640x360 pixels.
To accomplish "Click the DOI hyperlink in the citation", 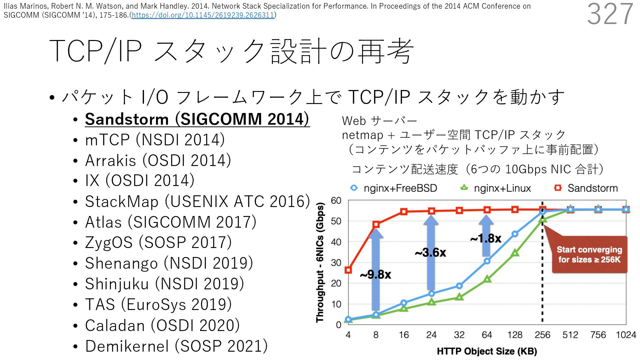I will pos(203,15).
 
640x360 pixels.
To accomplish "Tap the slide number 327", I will pos(610,14).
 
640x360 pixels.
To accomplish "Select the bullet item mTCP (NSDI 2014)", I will pos(155,140).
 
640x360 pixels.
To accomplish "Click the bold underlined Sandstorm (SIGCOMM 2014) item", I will pos(197,119).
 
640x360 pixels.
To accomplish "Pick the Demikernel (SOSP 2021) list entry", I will pos(176,346).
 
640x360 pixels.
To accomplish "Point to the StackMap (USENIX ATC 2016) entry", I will pos(197,201).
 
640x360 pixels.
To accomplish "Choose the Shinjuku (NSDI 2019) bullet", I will pos(164,284).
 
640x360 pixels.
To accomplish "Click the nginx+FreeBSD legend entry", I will pos(394,188).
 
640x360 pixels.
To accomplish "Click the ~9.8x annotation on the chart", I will pos(375,275).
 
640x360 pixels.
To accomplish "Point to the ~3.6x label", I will pos(430,253).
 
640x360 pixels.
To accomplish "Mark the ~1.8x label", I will pos(486,238).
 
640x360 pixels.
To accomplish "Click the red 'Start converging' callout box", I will pos(589,255).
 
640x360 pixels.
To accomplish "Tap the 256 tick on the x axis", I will pos(542,335).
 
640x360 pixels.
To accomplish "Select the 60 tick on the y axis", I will pos(336,200).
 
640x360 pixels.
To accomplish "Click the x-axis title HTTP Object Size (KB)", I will pos(487,351).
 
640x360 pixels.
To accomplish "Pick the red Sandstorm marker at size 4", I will pos(348,270).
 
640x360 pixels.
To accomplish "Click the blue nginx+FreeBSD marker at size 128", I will pos(515,234).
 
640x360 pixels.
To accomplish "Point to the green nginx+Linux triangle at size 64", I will pos(487,279).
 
